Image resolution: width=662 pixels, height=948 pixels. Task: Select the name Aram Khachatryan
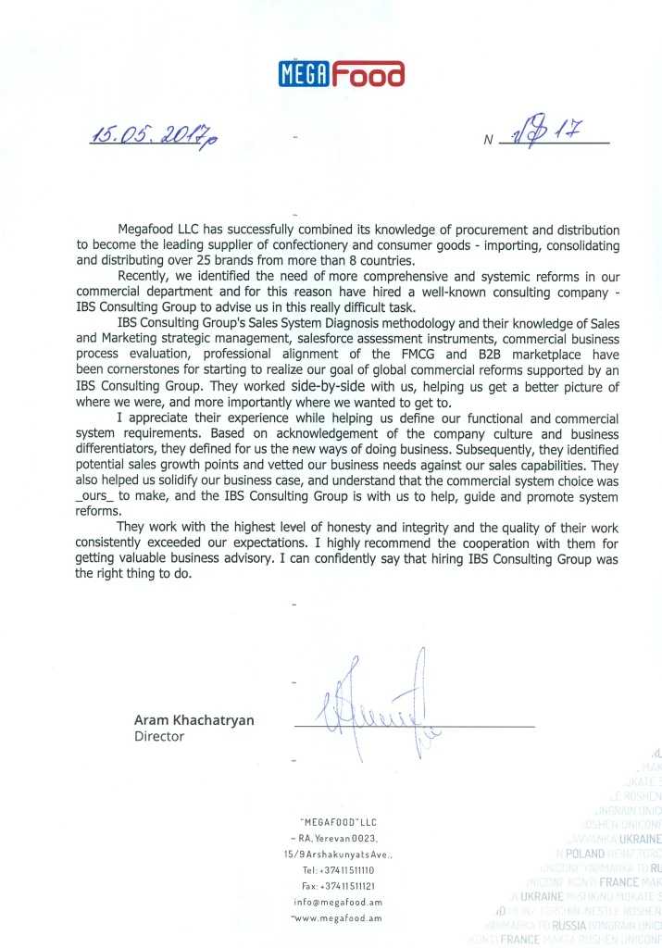[194, 720]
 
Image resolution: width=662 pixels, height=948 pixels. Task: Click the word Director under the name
[159, 737]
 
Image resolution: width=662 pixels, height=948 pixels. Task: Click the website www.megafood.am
[338, 917]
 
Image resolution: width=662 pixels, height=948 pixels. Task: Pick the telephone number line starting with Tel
[338, 870]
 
